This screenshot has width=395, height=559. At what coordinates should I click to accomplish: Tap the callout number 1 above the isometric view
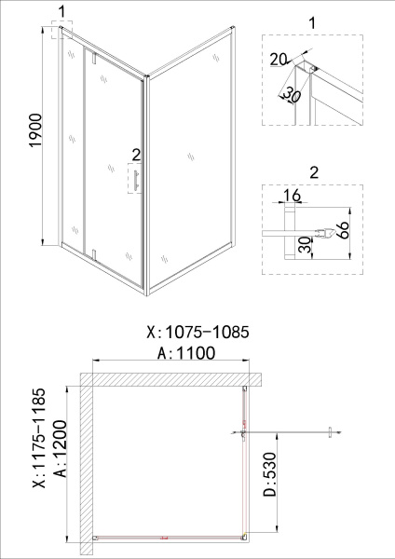click(61, 11)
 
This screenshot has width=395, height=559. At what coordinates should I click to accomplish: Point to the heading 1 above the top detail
click(311, 20)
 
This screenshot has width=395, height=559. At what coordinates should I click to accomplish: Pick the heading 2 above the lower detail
click(312, 171)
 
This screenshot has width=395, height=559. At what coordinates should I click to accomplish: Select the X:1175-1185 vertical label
click(38, 438)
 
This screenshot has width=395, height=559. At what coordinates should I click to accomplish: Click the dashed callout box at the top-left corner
click(62, 32)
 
